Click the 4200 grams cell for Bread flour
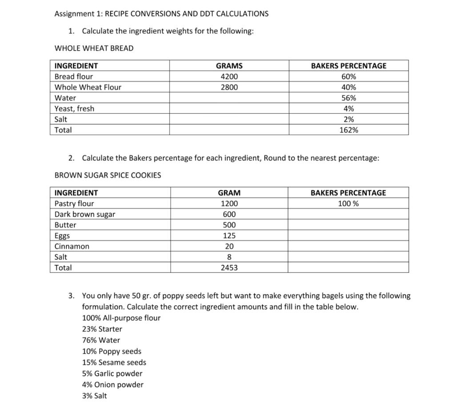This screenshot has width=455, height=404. pos(229,76)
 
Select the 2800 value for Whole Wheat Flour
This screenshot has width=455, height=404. pos(229,87)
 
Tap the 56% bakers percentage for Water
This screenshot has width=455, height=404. pos(348,98)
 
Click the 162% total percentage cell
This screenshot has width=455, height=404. pos(348,130)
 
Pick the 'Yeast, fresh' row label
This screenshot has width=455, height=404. pos(74,108)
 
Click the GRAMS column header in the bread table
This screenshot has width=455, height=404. pos(229,66)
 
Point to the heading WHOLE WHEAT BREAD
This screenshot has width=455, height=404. pos(94,48)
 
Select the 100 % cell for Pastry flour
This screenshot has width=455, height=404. pos(348,204)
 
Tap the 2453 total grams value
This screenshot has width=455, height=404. pos(229,268)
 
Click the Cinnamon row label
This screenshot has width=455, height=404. pos(72,246)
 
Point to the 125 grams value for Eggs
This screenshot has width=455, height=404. pos(229,236)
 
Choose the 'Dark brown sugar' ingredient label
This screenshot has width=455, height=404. pos(84,214)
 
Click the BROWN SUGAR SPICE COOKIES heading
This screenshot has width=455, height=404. pos(108,175)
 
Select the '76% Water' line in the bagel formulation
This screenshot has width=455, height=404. pos(101,340)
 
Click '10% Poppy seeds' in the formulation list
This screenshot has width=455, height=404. pos(112,351)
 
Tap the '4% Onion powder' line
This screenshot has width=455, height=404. pos(113,384)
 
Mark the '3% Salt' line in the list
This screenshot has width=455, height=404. pos(94,396)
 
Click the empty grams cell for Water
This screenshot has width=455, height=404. pos(229,98)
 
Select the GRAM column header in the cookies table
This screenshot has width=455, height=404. pos(229,193)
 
